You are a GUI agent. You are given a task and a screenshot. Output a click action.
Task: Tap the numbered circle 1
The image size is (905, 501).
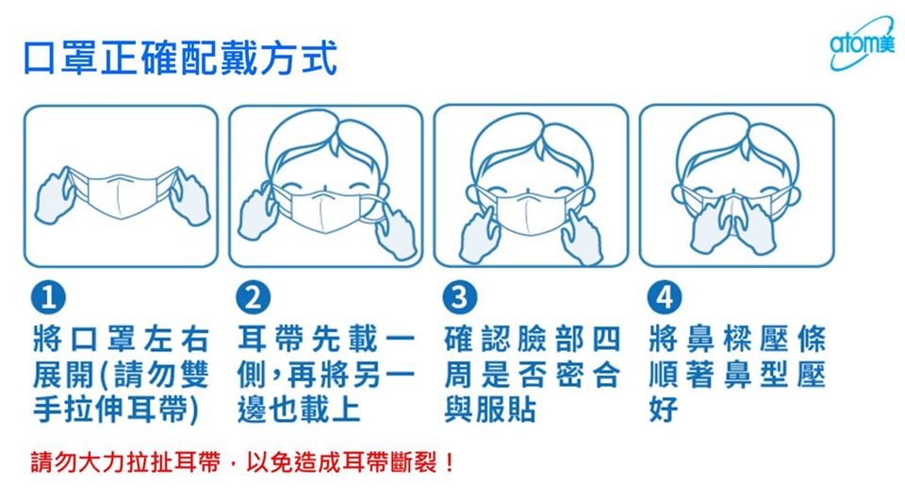(48, 297)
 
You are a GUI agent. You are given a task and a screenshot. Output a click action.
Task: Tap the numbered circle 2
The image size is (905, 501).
(253, 297)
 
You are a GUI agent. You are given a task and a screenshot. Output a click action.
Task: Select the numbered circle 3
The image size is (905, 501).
(459, 297)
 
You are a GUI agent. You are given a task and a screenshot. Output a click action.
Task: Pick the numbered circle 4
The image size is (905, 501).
(665, 297)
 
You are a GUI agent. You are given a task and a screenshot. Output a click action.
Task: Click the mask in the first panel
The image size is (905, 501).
(122, 194)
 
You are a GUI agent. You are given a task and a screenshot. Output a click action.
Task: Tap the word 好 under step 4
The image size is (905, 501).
(663, 409)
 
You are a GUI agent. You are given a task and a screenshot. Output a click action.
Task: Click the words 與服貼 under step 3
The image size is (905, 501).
(490, 409)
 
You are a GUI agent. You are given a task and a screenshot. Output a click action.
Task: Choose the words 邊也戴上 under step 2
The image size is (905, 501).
(299, 409)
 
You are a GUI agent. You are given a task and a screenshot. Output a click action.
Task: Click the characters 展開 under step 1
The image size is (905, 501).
(63, 375)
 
